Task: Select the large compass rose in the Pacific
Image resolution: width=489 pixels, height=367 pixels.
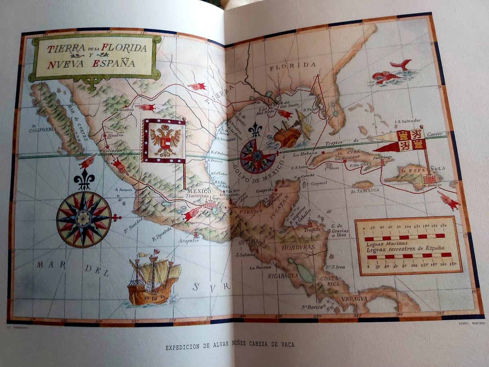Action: click(x=84, y=219)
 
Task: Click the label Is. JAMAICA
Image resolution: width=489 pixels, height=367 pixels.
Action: click(x=366, y=190)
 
